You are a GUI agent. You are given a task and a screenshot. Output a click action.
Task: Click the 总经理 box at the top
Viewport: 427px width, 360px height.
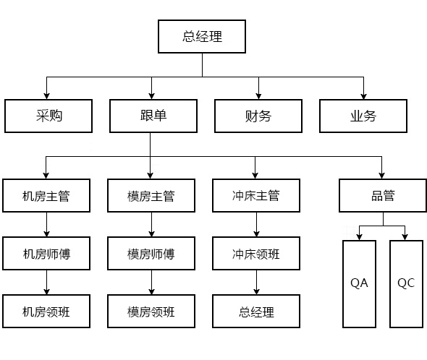pos(202,36)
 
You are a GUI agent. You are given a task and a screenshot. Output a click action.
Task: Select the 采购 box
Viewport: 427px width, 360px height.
pos(48,116)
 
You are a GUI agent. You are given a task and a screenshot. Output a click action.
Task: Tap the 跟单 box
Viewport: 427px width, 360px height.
pos(153,116)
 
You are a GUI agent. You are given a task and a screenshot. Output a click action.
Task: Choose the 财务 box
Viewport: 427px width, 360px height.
pos(258,116)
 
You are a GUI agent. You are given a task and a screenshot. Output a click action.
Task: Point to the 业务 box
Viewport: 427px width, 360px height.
pos(363,116)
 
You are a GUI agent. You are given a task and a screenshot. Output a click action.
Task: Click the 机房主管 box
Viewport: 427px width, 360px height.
pos(46,195)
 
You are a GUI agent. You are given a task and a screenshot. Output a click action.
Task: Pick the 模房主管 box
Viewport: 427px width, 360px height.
pos(151,195)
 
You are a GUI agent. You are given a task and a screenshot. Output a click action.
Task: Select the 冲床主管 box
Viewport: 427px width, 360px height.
pos(256,195)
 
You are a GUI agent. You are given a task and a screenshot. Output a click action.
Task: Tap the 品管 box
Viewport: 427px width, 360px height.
pos(383,195)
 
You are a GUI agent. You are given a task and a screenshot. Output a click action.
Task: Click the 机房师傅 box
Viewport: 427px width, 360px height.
pos(46,253)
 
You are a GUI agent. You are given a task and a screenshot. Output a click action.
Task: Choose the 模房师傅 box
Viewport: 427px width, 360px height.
pos(151,253)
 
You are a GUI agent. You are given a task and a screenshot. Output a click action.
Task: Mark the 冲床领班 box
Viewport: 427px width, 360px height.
pos(256,253)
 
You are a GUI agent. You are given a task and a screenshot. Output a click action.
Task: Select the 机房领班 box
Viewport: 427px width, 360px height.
pos(46,311)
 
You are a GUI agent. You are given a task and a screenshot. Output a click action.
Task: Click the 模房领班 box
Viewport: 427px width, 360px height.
pos(151,311)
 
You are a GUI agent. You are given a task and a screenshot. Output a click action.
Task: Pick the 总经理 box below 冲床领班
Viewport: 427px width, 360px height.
pos(256,311)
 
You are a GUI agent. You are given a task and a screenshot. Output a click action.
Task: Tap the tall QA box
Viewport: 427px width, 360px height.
pos(359,284)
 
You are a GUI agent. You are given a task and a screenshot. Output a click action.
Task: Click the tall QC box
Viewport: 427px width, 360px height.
pos(406,284)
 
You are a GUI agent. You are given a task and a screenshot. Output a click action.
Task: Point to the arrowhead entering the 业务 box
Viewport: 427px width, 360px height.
pos(363,96)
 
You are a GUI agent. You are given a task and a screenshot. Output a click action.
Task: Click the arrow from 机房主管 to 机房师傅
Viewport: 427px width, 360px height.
pos(46,225)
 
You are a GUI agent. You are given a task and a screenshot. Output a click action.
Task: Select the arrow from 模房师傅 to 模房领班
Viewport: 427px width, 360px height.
pos(152,283)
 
